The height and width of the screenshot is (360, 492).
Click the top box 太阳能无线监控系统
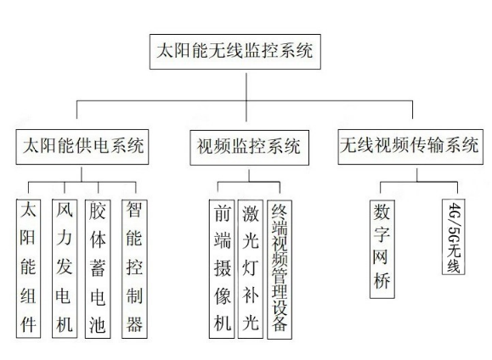(x=235, y=52)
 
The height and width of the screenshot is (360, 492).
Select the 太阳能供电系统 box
(x=82, y=146)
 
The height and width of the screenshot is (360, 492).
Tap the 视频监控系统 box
(x=250, y=148)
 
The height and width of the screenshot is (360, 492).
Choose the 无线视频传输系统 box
(x=410, y=146)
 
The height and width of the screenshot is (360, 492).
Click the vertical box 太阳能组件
(x=28, y=268)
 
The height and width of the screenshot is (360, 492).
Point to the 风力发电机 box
(x=65, y=268)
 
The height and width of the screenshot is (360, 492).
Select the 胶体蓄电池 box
(x=98, y=269)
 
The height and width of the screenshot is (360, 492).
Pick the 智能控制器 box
(x=134, y=269)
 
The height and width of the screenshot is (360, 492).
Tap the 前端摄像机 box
(x=222, y=269)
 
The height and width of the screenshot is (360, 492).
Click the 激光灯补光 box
(x=251, y=269)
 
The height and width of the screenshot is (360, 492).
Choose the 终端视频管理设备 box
(x=280, y=270)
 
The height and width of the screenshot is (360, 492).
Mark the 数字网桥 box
(x=382, y=249)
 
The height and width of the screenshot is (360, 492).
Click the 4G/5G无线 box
(x=454, y=237)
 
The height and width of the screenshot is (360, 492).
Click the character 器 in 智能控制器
(x=134, y=323)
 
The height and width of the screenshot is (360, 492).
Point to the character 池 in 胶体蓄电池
(x=97, y=324)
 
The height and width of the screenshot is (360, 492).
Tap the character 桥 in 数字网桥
(x=382, y=280)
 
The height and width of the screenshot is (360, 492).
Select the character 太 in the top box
(x=165, y=51)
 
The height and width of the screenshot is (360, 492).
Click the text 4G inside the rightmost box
(x=454, y=211)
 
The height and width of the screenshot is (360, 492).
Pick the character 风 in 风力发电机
(x=65, y=209)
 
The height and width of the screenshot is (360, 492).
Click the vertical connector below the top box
(x=246, y=97)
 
